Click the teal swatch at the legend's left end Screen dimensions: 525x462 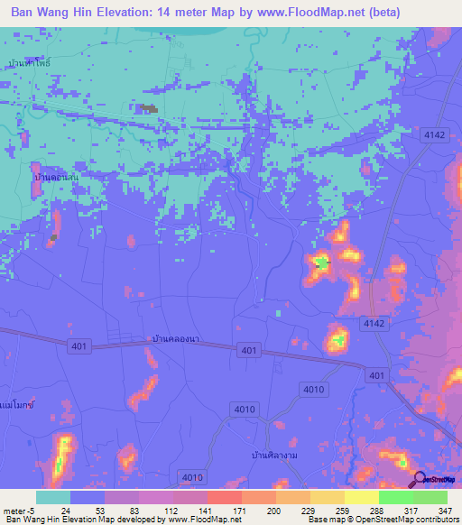point(52,497)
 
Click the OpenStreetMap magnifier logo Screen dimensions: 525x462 point(420,479)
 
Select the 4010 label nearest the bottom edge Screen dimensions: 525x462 point(192,477)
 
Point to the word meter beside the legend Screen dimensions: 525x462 point(14,510)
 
